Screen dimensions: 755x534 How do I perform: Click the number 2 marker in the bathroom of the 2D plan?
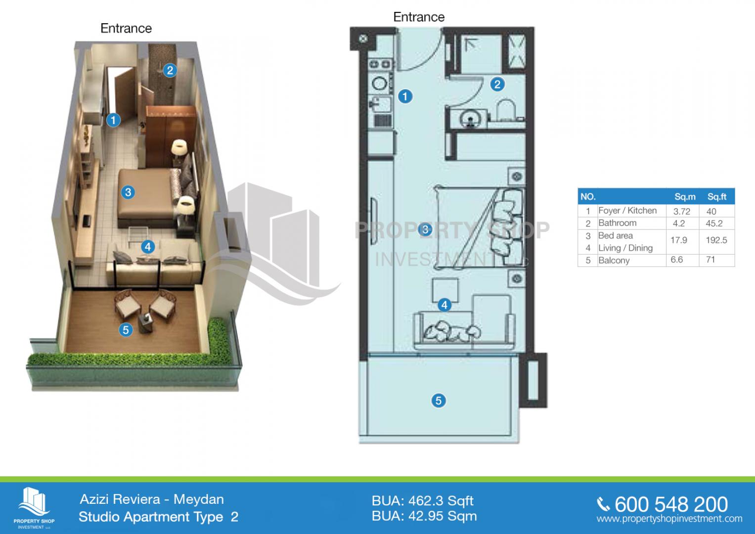pos(497,84)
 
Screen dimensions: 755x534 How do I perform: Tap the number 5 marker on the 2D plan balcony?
pos(438,400)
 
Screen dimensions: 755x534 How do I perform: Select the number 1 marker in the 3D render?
pos(113,120)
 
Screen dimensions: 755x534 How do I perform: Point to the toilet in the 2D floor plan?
pos(506,110)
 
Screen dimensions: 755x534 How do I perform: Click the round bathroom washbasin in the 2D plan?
pos(469,119)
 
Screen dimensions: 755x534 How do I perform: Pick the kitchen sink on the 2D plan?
pos(380,104)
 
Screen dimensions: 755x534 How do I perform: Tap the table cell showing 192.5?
pos(716,240)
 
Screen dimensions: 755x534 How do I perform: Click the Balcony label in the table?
pos(614,260)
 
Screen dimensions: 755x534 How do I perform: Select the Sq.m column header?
pos(685,197)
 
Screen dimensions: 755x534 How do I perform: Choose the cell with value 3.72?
pos(681,212)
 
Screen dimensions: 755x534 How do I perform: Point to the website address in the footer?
pos(669,519)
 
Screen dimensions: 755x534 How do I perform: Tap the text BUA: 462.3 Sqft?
pos(422,500)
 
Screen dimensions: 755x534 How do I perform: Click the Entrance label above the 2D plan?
pos(419,17)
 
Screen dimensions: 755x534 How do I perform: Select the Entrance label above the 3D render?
pos(126,28)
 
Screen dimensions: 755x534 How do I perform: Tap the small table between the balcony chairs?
pos(145,322)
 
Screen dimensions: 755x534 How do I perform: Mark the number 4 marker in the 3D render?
pos(148,247)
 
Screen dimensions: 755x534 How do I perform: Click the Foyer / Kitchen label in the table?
pos(627,210)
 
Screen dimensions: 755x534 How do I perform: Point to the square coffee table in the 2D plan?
pos(445,290)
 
